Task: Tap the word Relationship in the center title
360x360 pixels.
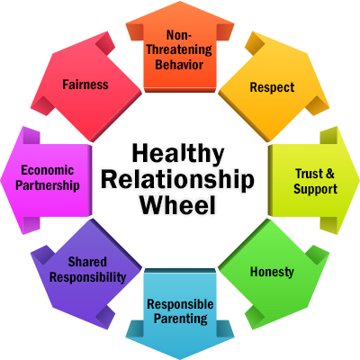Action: (178, 180)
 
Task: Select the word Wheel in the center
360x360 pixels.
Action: (178, 204)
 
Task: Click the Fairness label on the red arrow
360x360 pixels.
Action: (85, 85)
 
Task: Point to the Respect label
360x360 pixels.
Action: (273, 87)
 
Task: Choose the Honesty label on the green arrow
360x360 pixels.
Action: (272, 272)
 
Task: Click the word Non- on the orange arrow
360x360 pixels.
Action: (179, 35)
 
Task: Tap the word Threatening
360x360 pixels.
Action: (179, 49)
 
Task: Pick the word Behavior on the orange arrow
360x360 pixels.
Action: (179, 65)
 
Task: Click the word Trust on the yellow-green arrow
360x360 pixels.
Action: (309, 174)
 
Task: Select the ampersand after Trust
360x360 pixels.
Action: (329, 174)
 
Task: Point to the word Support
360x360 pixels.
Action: (315, 189)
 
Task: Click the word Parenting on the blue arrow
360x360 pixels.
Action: (181, 319)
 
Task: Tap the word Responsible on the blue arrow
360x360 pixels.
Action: (180, 304)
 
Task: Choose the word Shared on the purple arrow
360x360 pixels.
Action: (87, 262)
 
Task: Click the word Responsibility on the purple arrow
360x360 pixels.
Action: (87, 277)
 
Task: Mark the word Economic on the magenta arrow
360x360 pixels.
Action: (47, 170)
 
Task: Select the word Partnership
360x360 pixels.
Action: (48, 185)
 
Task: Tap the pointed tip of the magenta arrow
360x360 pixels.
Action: (1, 180)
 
